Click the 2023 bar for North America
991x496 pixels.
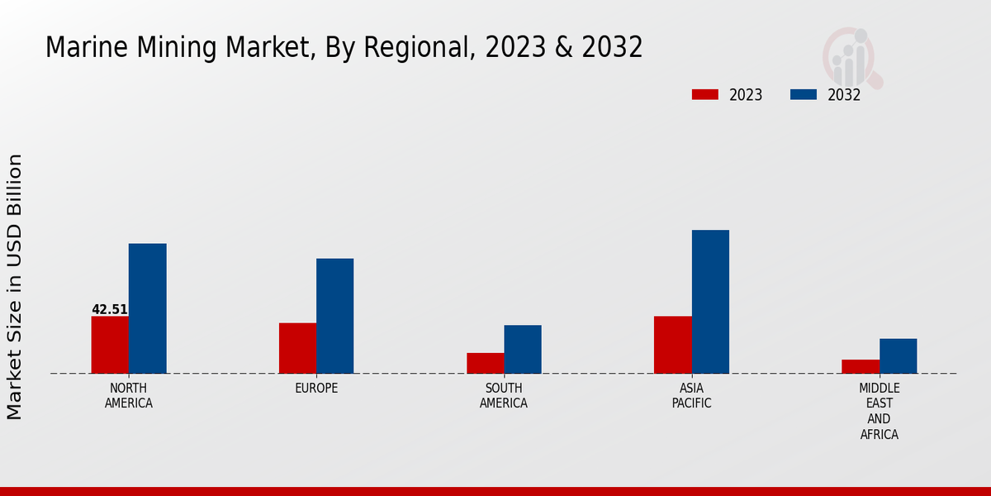pos(110,345)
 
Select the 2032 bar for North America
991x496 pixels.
pos(147,308)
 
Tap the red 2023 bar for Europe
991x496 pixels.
pos(297,348)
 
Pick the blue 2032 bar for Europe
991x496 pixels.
pos(334,316)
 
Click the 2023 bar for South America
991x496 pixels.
pos(485,363)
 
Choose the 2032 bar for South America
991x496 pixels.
pos(523,349)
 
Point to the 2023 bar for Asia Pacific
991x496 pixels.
pos(672,345)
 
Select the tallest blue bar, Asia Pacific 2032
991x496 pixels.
pos(710,302)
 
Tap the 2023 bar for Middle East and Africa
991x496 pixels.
pos(861,366)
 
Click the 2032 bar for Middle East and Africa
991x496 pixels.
pos(898,355)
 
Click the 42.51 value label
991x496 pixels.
pos(110,310)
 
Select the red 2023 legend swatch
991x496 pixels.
pos(704,94)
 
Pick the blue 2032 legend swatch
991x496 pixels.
pos(803,94)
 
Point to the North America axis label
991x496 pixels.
pos(129,396)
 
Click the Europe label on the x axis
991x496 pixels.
pos(316,389)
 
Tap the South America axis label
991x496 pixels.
pos(504,396)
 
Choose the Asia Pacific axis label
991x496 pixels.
pos(691,396)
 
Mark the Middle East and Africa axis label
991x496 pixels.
pos(880,411)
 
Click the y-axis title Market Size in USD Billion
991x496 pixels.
pos(15,286)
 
